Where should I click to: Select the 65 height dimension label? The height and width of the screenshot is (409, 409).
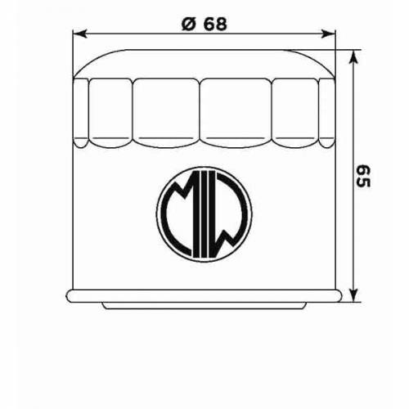[363, 174]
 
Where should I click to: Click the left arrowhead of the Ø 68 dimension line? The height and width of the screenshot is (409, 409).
[79, 34]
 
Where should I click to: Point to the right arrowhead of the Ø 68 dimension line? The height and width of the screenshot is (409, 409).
[330, 34]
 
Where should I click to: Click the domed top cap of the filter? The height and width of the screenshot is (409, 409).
[204, 61]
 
